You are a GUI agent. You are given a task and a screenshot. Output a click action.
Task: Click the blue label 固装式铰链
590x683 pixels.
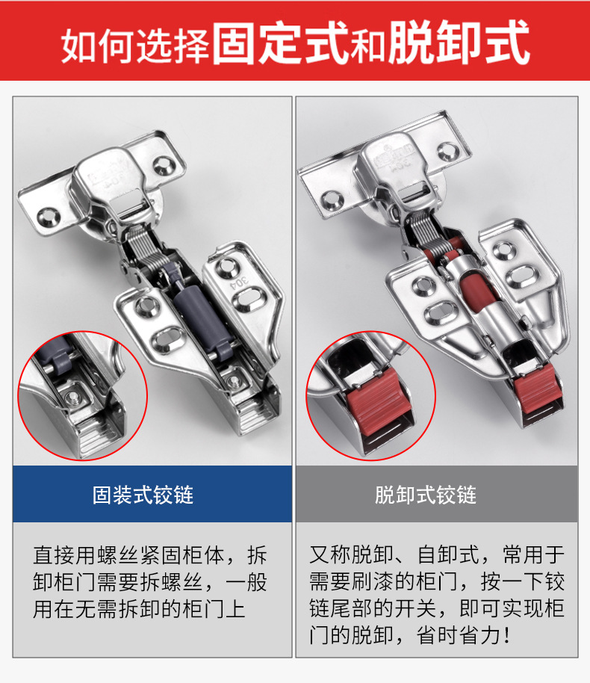tap(152, 495)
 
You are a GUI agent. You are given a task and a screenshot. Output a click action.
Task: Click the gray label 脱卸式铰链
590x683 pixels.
tap(436, 495)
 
